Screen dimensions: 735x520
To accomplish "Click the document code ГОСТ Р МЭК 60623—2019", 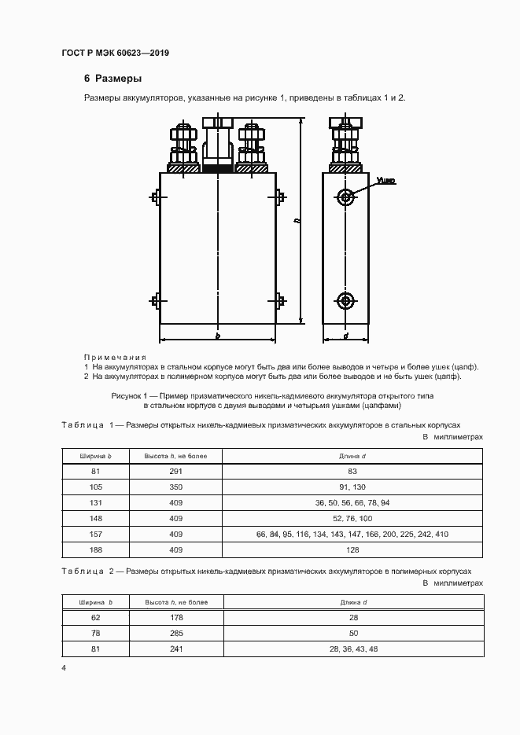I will click(115, 53).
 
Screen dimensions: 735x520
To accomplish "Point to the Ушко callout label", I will click(385, 181).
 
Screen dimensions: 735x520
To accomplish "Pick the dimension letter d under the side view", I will click(346, 336).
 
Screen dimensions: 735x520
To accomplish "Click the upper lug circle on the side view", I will click(345, 196).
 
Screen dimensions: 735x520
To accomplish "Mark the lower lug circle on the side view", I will click(345, 300).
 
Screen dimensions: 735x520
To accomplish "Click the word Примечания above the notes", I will click(115, 357).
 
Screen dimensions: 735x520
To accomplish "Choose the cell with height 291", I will click(175, 471).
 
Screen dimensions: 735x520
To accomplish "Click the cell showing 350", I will click(175, 487).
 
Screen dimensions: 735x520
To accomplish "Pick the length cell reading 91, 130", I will click(352, 487).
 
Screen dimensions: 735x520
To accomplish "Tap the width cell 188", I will click(96, 550).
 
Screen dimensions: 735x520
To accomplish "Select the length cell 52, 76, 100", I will click(352, 519).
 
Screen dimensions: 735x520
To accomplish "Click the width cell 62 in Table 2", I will click(96, 618).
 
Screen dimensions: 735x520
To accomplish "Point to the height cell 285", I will click(175, 634).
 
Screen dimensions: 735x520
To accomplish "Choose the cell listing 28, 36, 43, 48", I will click(352, 649).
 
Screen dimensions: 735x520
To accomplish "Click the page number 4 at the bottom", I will click(65, 668).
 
